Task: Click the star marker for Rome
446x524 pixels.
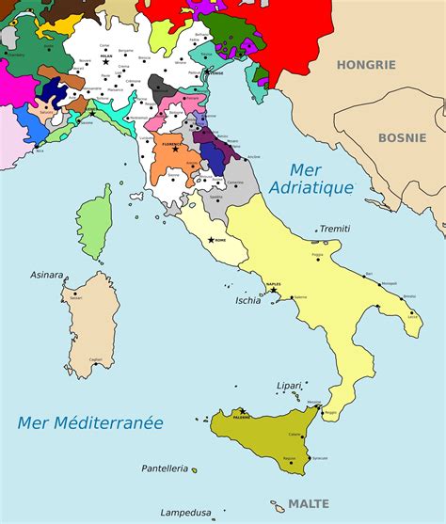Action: (211, 240)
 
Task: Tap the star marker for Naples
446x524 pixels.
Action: (273, 290)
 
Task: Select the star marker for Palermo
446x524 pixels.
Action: (242, 411)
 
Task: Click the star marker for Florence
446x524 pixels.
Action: (175, 149)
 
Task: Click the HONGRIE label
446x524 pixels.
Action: (366, 65)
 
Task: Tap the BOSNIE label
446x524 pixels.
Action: (403, 137)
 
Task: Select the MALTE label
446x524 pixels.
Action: (309, 503)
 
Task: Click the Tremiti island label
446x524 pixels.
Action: (335, 229)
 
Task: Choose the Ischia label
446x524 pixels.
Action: (247, 301)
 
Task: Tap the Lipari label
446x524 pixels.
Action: (289, 386)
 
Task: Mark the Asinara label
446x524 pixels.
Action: (46, 276)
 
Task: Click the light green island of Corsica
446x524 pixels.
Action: (94, 222)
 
